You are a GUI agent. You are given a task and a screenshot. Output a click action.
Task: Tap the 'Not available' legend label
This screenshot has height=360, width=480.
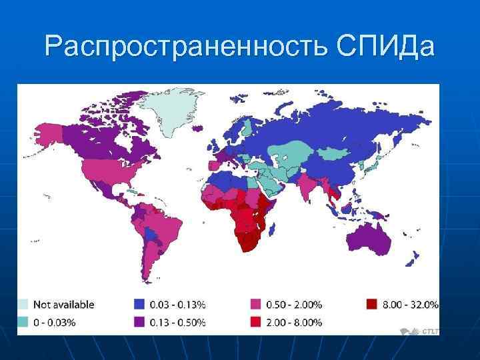coord(65,305)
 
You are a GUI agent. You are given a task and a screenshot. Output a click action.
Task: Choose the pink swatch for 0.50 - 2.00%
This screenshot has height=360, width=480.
coord(255,305)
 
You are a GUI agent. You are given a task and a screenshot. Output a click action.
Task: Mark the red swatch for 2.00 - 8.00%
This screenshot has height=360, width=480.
coord(255,323)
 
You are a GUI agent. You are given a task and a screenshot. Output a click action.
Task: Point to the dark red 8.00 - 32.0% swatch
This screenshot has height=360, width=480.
coord(371,305)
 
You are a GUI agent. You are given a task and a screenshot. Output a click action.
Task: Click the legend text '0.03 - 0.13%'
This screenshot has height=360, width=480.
coord(177,305)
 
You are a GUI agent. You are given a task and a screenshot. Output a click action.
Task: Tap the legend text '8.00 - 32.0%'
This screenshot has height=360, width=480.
coord(409,305)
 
